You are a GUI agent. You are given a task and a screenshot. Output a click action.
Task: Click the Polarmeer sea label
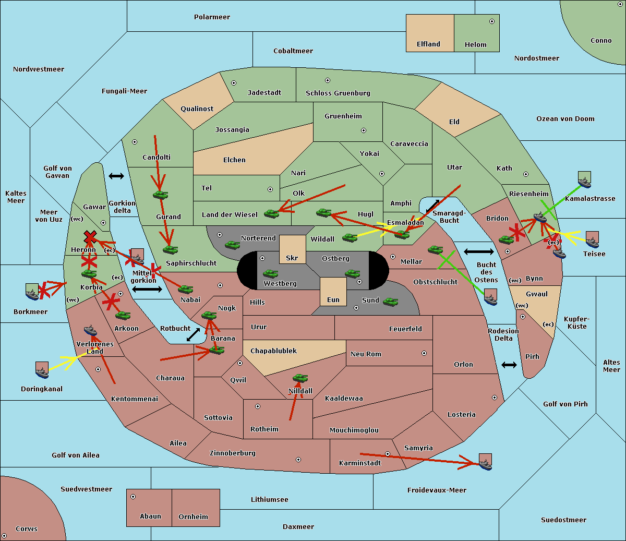pyautogui.click(x=212, y=17)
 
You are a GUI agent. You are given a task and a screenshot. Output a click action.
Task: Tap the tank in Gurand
pyautogui.click(x=161, y=195)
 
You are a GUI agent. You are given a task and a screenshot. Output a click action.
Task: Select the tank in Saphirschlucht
pyautogui.click(x=170, y=249)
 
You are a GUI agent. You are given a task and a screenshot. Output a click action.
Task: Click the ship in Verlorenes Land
pyautogui.click(x=90, y=330)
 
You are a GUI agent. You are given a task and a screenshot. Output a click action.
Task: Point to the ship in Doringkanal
pyautogui.click(x=42, y=370)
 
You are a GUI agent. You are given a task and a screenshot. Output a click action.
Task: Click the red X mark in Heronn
pyautogui.click(x=90, y=236)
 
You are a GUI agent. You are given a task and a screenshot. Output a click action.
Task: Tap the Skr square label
pyautogui.click(x=292, y=258)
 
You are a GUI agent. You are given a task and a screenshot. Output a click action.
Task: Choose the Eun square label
pyautogui.click(x=333, y=299)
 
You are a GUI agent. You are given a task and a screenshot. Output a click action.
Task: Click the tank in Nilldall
pyautogui.click(x=300, y=378)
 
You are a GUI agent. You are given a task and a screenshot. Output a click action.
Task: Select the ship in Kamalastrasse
pyautogui.click(x=584, y=179)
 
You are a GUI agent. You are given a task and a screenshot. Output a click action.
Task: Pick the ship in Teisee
pyautogui.click(x=592, y=240)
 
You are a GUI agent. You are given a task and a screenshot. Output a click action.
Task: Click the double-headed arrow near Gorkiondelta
pyautogui.click(x=116, y=176)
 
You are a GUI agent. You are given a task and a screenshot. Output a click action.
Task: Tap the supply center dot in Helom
pyautogui.click(x=492, y=21)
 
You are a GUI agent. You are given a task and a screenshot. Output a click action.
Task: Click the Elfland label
pyautogui.click(x=428, y=44)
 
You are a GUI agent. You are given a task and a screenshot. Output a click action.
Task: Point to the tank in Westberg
pyautogui.click(x=270, y=273)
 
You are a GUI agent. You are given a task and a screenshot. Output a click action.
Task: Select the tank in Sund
pyautogui.click(x=390, y=302)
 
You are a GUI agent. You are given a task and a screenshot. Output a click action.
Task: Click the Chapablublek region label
pyautogui.click(x=273, y=351)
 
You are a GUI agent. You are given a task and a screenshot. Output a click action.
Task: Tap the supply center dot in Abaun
pyautogui.click(x=133, y=497)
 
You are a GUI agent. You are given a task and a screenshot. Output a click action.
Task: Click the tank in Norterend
pyautogui.click(x=232, y=245)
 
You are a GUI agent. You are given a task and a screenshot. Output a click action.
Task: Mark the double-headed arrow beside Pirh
pyautogui.click(x=509, y=365)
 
